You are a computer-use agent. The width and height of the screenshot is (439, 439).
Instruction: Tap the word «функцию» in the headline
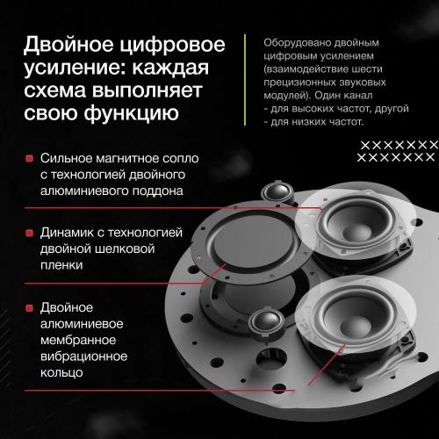point(132,113)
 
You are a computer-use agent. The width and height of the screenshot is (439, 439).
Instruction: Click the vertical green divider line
point(245,80)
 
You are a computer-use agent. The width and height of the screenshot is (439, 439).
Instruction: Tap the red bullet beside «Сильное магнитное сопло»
point(29,159)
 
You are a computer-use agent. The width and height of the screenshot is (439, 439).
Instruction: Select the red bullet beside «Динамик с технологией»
point(29,234)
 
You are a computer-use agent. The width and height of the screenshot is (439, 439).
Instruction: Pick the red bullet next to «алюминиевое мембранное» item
point(29,308)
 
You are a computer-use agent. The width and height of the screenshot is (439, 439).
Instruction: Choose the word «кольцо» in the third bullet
point(61,373)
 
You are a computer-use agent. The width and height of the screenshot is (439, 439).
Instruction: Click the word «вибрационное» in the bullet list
point(83,356)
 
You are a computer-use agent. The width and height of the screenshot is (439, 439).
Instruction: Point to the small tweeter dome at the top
point(277,191)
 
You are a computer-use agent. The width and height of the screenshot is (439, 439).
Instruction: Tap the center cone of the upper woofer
point(356,231)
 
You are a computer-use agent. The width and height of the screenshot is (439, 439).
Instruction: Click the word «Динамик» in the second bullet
point(67,233)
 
